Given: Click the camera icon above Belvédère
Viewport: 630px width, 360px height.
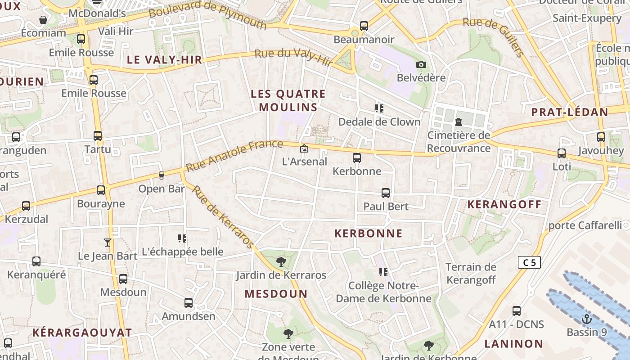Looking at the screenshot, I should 421,64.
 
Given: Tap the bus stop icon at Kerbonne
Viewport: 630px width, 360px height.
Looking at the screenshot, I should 357,158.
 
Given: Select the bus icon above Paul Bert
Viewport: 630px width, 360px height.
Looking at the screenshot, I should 386,193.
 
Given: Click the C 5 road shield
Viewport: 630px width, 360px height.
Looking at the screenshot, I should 529,262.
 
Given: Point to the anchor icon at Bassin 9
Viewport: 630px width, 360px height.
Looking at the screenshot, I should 586,319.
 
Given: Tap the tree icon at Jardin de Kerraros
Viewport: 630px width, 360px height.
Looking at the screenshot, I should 281,261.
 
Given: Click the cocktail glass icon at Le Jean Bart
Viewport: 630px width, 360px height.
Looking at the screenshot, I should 107,243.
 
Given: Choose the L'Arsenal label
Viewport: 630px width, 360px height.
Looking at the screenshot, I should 304,162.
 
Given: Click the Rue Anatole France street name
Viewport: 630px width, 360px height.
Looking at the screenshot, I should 234,156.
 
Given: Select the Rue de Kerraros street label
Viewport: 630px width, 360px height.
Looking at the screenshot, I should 223,216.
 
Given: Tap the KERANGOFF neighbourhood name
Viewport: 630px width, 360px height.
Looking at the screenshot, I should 504,205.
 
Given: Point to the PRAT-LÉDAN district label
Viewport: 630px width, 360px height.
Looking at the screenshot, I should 570,112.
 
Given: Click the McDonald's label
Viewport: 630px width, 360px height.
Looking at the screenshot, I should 97,13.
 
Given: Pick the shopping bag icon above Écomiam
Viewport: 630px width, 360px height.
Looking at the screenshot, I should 43,20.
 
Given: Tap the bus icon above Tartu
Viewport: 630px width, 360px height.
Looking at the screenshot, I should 98,136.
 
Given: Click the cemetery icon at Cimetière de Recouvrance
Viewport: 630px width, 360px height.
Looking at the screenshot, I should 459,122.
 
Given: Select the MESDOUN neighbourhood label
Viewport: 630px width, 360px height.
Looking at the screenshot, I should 276,294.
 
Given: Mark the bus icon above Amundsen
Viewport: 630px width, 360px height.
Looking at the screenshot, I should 189,303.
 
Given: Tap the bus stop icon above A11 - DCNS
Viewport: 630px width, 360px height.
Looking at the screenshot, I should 517,311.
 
